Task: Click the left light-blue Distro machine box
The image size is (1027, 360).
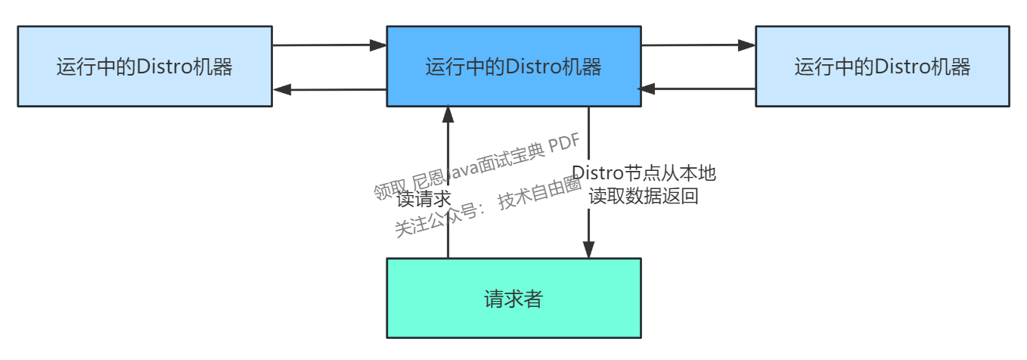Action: pos(144,67)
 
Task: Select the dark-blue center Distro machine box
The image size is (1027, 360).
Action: pos(513,67)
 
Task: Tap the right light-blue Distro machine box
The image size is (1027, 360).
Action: pos(882,67)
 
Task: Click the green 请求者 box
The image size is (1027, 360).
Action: pos(513,298)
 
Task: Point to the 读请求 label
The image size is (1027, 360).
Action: pos(424,199)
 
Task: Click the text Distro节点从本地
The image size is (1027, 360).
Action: pos(644,173)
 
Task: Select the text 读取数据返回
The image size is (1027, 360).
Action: pos(644,197)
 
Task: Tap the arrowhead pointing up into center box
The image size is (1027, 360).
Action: pos(448,115)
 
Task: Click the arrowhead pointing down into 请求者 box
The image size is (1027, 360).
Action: pos(588,250)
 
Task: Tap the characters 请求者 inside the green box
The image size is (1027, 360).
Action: pos(513,298)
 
